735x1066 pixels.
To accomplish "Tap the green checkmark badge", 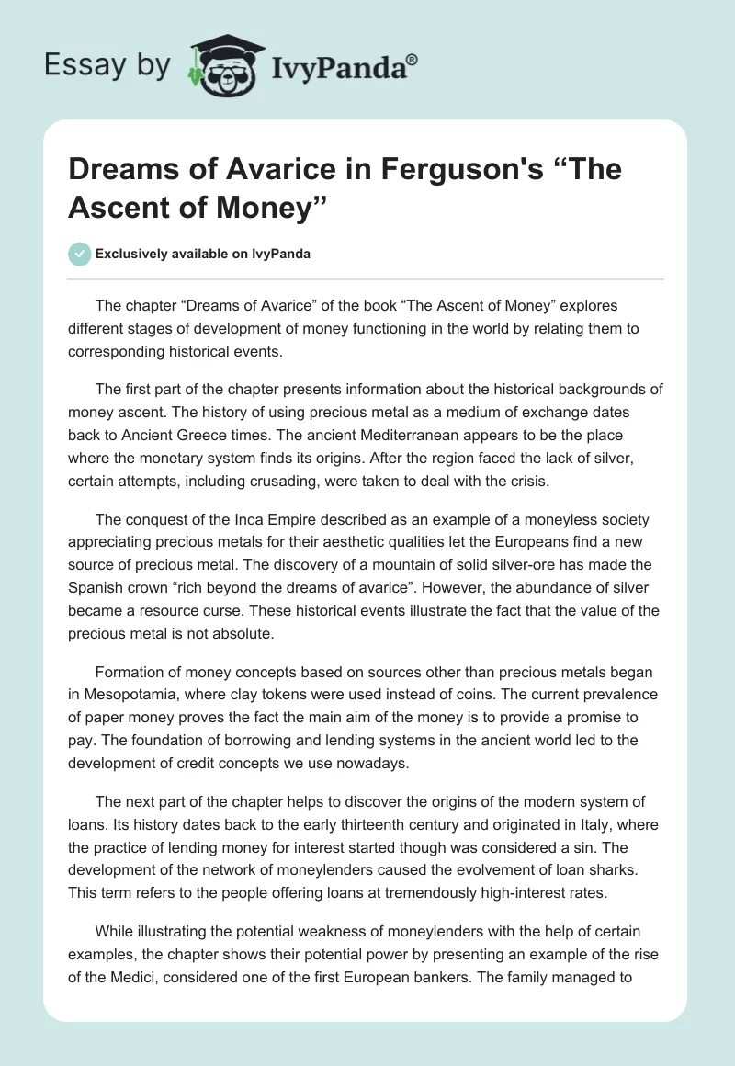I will coord(79,254).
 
